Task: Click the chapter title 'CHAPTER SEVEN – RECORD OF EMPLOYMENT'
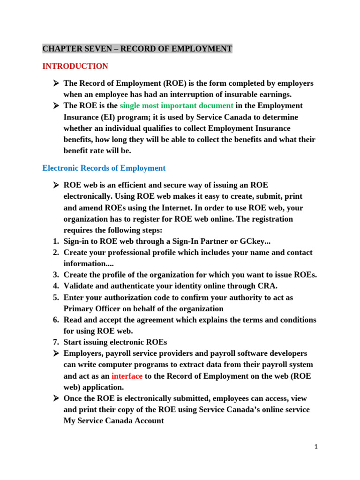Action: (137, 49)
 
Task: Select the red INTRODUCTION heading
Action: (75, 66)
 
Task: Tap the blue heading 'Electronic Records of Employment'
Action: (104, 168)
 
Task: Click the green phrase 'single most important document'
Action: (176, 105)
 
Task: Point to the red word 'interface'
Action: (127, 376)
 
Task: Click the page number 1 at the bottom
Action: (316, 447)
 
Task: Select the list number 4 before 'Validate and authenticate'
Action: (55, 286)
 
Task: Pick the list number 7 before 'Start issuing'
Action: (55, 342)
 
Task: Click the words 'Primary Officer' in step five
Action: (90, 308)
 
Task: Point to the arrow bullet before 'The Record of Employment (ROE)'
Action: (55, 83)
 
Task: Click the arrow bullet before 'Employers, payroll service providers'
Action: (55, 353)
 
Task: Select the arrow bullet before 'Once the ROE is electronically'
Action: (55, 398)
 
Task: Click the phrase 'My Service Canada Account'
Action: (114, 421)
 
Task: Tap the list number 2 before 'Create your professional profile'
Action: (55, 252)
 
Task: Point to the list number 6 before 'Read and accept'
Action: (55, 320)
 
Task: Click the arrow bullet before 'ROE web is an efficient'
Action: (55, 185)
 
